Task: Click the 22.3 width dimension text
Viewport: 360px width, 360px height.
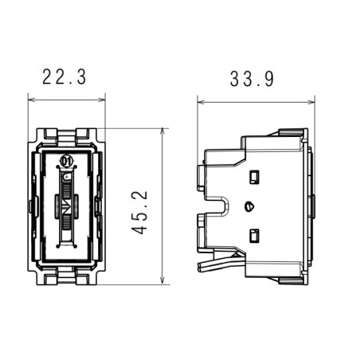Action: (x=66, y=76)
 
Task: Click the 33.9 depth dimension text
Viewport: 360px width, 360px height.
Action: (x=254, y=79)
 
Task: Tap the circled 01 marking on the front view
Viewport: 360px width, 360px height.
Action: (x=67, y=162)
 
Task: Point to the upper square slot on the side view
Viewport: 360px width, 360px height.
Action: (x=256, y=175)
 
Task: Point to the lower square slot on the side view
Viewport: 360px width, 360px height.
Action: (x=256, y=234)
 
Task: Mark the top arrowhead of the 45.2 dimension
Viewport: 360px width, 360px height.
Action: (x=162, y=131)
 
